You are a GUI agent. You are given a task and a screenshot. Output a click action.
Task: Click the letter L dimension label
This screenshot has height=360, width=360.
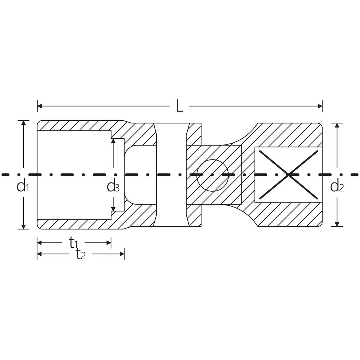point(179,106)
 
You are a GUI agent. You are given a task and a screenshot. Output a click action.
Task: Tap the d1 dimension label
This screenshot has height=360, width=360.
point(23,187)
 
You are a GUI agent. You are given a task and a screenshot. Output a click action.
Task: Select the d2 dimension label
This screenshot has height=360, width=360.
point(337,187)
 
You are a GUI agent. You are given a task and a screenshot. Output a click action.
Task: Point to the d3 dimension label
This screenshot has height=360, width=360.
point(113,187)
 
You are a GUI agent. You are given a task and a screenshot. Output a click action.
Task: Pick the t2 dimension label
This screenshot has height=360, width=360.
point(81,254)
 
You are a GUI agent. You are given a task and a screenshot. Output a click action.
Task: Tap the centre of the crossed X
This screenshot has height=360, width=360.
point(288,175)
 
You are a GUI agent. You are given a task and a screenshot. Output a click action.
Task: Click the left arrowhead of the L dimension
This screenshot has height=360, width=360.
point(40,106)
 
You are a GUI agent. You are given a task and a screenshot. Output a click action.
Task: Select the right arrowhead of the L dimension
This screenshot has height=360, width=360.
point(320,106)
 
